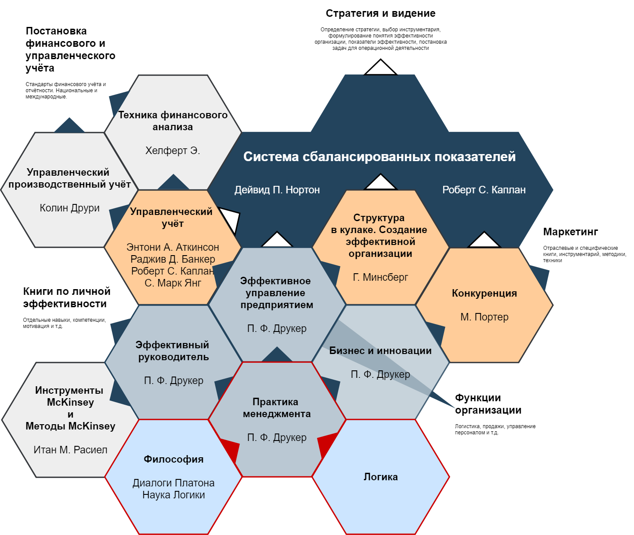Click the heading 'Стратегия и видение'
(x=380, y=14)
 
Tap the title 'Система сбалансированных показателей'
(x=379, y=157)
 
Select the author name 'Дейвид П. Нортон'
(x=277, y=190)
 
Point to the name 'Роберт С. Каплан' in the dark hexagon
(x=484, y=190)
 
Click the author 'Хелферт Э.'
(x=172, y=151)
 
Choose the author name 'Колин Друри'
(x=70, y=208)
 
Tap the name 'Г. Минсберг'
(x=380, y=277)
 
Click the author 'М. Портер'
(x=484, y=317)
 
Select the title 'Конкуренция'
(x=484, y=294)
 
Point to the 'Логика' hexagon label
(x=380, y=477)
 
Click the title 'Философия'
(x=173, y=459)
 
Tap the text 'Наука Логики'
(x=173, y=495)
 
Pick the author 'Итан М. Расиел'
(x=71, y=450)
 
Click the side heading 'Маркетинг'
(x=570, y=232)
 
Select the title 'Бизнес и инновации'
(x=380, y=351)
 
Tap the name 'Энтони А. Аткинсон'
(x=172, y=247)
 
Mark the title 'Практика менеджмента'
(x=277, y=408)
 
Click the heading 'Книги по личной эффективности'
(x=67, y=298)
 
